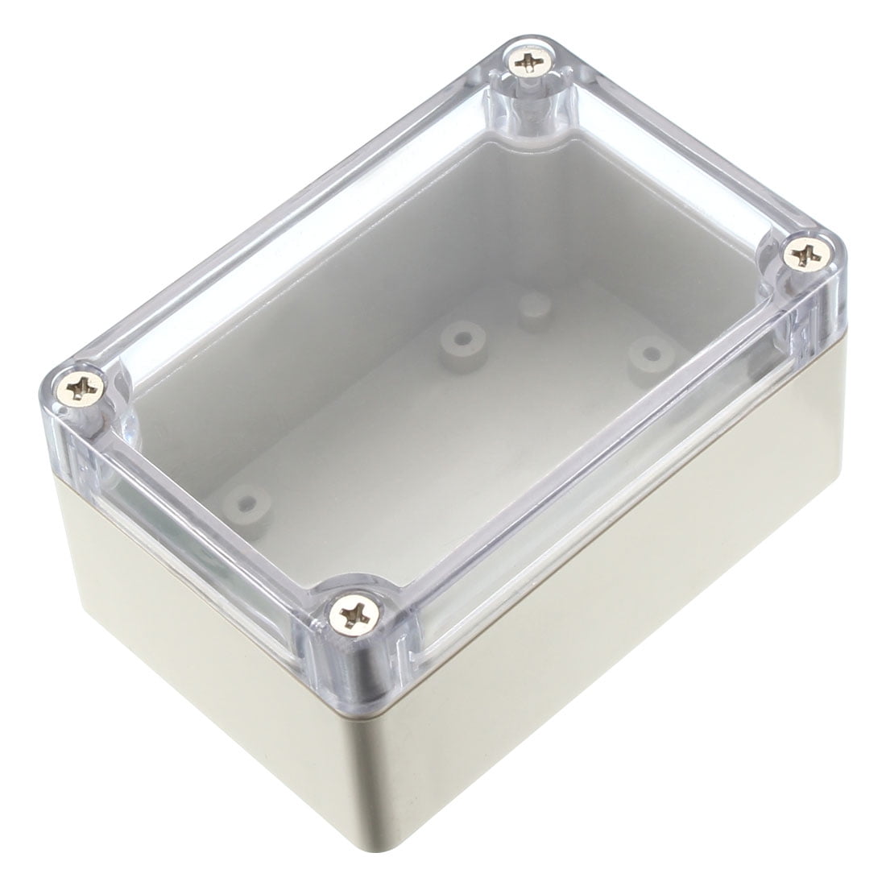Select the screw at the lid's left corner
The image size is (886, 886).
(x=84, y=391)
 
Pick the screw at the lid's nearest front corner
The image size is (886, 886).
(x=352, y=616)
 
